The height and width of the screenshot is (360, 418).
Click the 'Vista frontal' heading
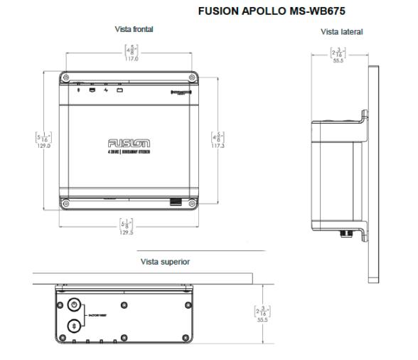[134, 29]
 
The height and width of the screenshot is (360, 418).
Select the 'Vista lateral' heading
[342, 32]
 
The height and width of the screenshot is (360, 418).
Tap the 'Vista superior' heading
[166, 261]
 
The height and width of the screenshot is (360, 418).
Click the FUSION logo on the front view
[129, 142]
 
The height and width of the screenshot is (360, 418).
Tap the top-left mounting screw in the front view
[66, 77]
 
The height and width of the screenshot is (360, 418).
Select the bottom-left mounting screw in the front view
[66, 204]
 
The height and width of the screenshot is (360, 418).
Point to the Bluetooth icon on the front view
[78, 90]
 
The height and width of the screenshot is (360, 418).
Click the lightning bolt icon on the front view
[106, 90]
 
